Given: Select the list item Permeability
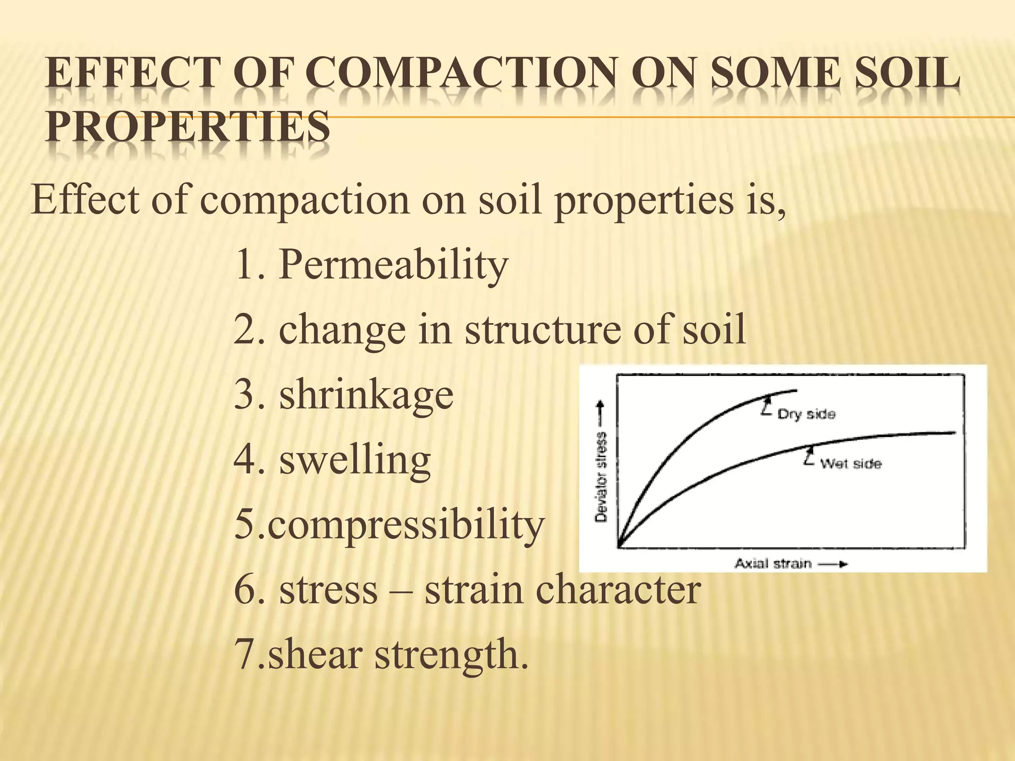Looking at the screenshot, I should click(x=394, y=265).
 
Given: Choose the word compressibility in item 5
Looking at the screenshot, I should click(x=406, y=525).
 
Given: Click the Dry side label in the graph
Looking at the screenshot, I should click(x=806, y=414).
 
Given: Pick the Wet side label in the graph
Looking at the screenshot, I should click(x=850, y=464).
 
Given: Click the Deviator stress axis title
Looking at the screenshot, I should click(x=601, y=477).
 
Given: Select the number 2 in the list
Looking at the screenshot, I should click(x=244, y=330).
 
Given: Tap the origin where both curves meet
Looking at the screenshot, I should click(x=619, y=546).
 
